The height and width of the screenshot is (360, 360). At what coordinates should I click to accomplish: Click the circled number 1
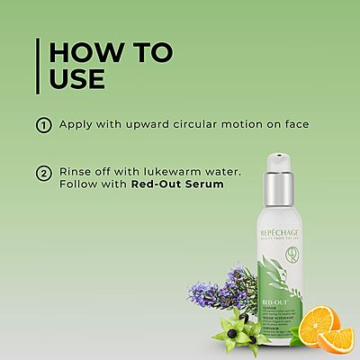click(x=42, y=125)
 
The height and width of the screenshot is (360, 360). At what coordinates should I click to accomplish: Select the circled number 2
click(x=42, y=174)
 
